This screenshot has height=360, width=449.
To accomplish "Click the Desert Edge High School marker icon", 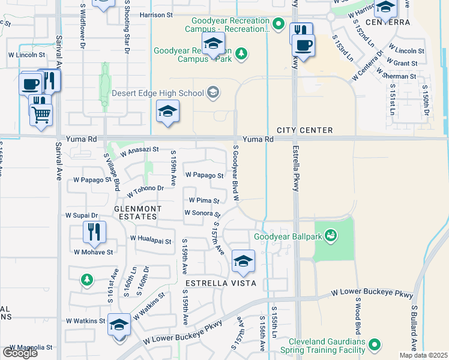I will [213, 93].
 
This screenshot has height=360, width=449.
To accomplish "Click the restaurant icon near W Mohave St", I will [94, 232].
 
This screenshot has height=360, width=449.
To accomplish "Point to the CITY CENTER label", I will [304, 130].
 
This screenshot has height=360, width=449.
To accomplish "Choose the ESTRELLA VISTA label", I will [220, 283].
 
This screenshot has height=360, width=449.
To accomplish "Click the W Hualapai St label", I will [155, 238].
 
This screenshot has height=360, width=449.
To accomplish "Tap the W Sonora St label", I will [202, 213].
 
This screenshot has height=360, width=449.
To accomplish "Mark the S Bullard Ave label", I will [414, 328].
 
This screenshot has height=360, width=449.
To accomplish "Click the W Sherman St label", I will [396, 77].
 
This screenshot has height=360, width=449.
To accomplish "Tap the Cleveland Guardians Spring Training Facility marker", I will [375, 344].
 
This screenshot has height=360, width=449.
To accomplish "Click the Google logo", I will [20, 352].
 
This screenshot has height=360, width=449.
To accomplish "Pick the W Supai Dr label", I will [82, 215].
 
